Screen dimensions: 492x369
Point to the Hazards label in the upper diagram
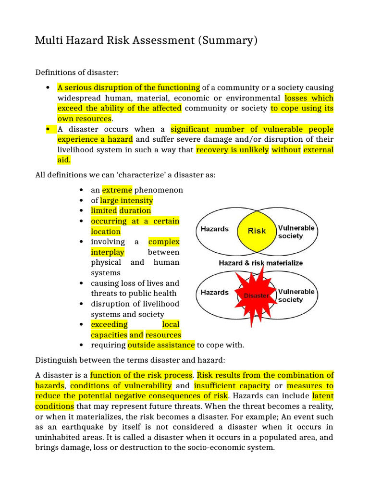pos(214,229)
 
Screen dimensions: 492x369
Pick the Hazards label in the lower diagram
pos(214,293)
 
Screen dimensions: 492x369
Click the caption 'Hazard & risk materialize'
pos(260,263)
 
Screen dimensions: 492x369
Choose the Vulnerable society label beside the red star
pos(296,295)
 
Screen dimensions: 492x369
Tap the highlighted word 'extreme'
pos(117,190)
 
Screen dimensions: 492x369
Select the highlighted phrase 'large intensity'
pos(126,200)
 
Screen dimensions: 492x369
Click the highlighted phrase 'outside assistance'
pos(161,345)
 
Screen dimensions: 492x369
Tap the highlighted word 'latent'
pos(323,396)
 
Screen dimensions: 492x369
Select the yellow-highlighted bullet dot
pos(48,129)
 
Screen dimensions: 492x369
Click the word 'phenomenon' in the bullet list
pos(159,190)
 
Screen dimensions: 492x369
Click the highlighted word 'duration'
pos(135,211)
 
